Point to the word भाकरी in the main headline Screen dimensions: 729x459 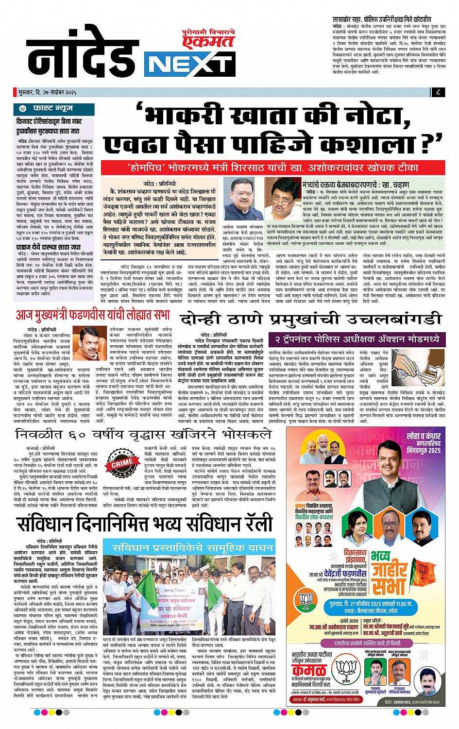tap(185, 117)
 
